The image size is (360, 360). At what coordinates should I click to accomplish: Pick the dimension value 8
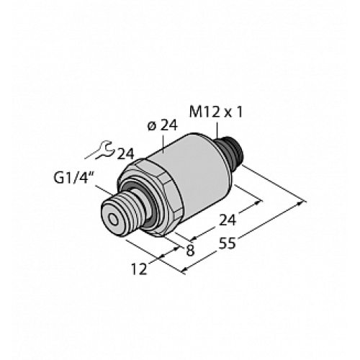[189, 252]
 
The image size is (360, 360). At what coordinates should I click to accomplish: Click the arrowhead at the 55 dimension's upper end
[300, 204]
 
